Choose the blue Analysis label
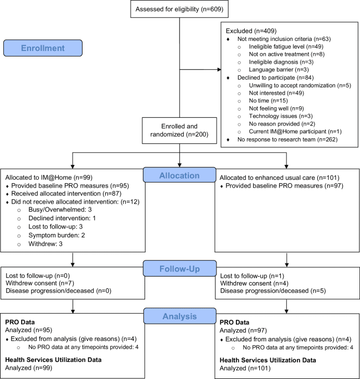point(179,317)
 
